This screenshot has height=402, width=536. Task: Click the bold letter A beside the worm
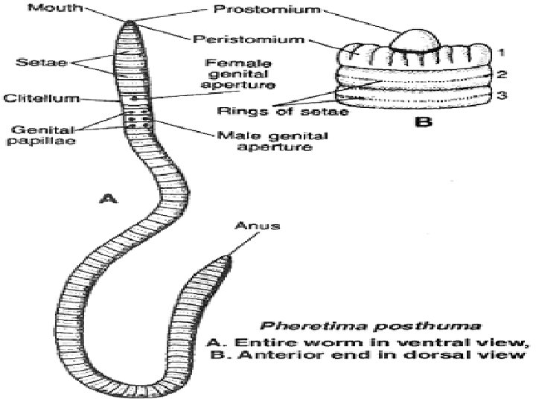[109, 197]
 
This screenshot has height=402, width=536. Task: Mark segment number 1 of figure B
[502, 52]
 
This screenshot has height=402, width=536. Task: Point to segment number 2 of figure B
[502, 75]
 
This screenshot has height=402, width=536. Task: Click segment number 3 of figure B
[502, 96]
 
